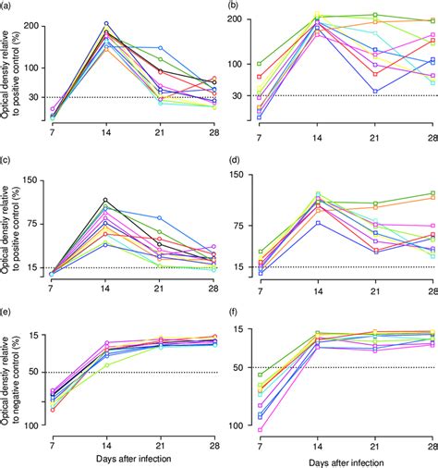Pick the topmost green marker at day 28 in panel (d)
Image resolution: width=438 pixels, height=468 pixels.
(432, 193)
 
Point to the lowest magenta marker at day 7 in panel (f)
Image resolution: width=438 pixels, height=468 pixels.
(260, 430)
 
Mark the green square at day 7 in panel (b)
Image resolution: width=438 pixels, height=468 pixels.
(260, 64)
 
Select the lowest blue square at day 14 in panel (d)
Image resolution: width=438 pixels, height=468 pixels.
(318, 223)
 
